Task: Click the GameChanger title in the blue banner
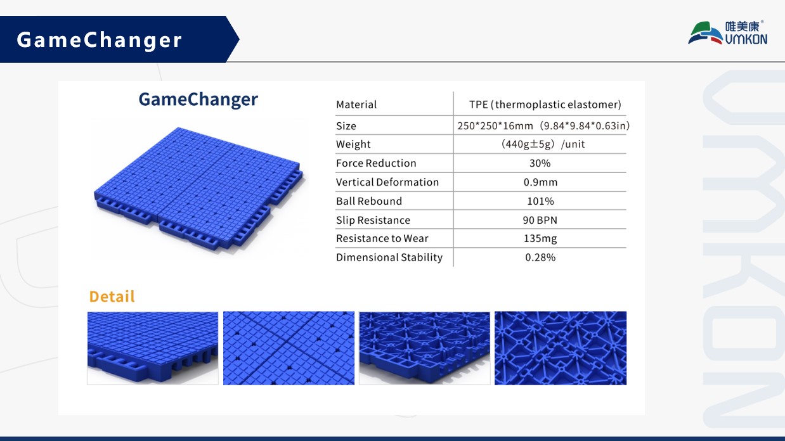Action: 100,40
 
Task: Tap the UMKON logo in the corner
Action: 727,33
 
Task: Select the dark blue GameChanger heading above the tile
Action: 198,99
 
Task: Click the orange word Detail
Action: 112,297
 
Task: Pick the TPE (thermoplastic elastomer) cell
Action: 545,105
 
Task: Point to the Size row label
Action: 346,126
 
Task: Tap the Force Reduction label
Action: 376,163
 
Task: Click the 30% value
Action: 540,163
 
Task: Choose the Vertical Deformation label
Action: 387,182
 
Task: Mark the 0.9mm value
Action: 540,182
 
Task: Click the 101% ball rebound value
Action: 540,201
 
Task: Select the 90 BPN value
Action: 540,220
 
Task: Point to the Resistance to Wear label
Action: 382,239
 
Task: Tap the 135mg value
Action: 540,239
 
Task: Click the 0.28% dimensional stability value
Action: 540,258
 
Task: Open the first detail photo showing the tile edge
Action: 152,348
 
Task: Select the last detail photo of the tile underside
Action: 561,348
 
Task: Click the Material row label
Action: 356,105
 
